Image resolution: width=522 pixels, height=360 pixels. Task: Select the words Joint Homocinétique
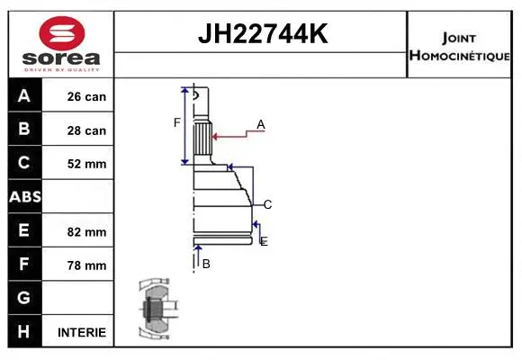460,47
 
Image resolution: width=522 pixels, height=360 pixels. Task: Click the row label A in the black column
24,96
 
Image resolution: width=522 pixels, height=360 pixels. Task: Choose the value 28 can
86,130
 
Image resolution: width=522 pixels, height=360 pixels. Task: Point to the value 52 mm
86,164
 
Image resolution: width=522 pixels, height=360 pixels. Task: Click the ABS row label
24,197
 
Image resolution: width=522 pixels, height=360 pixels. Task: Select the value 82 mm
86,231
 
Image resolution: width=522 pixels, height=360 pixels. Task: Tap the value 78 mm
86,265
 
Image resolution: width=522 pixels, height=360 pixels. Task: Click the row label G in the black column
24,298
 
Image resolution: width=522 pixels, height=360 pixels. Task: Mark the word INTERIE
81,332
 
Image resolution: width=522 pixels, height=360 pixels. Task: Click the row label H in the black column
24,331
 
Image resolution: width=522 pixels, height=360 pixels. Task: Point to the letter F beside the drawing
177,122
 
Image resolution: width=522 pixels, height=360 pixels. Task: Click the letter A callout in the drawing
261,124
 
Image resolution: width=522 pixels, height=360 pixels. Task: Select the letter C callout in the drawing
267,204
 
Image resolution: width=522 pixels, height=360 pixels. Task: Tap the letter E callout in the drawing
264,241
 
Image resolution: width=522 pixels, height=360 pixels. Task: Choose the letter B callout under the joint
206,264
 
